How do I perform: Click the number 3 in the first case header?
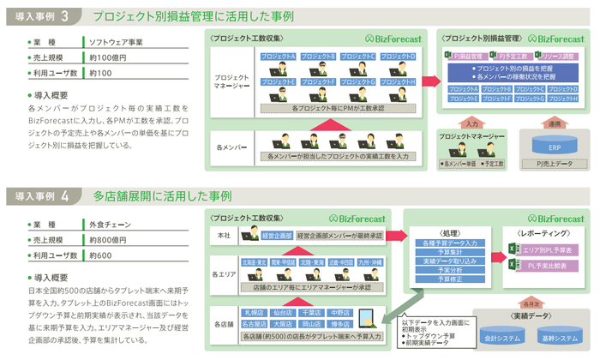tap(65, 15)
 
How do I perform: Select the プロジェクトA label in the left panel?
tap(278, 57)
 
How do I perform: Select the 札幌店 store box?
tap(255, 312)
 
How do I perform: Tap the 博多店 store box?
tap(340, 325)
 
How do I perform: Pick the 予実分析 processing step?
tap(437, 269)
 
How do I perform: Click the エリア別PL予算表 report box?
tap(548, 249)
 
